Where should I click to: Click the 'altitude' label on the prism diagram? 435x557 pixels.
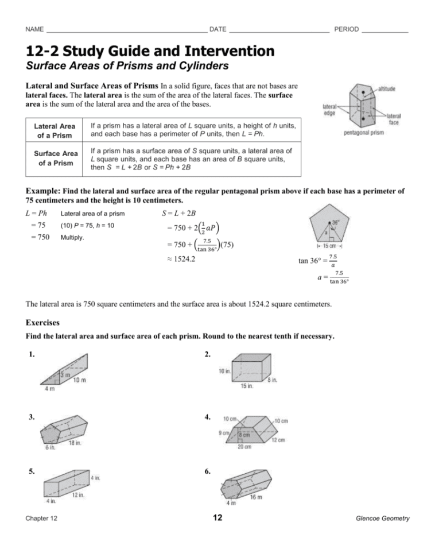(390, 89)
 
